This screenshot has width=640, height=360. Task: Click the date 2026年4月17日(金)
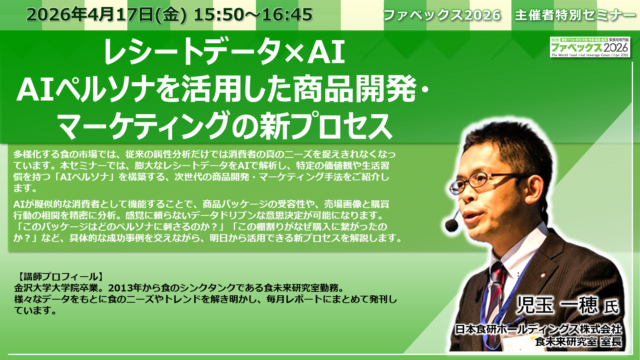(x=107, y=15)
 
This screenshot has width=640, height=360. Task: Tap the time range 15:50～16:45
(x=253, y=15)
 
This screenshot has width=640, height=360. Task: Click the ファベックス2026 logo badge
(x=590, y=47)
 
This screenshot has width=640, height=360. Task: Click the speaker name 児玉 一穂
(x=557, y=305)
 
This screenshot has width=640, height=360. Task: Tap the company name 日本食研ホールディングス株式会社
(x=539, y=329)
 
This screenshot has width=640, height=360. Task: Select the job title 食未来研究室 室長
(x=578, y=341)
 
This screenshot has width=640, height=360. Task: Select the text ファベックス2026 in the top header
(x=442, y=15)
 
